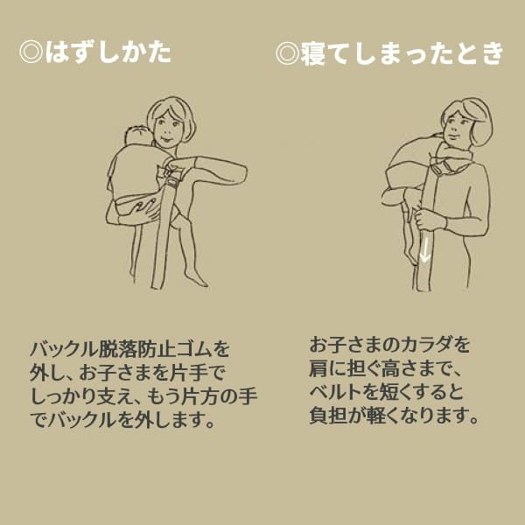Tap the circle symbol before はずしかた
tap(32, 52)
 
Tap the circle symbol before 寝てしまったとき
tap(288, 53)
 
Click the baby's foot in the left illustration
tap(197, 278)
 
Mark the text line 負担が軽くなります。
tap(395, 416)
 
